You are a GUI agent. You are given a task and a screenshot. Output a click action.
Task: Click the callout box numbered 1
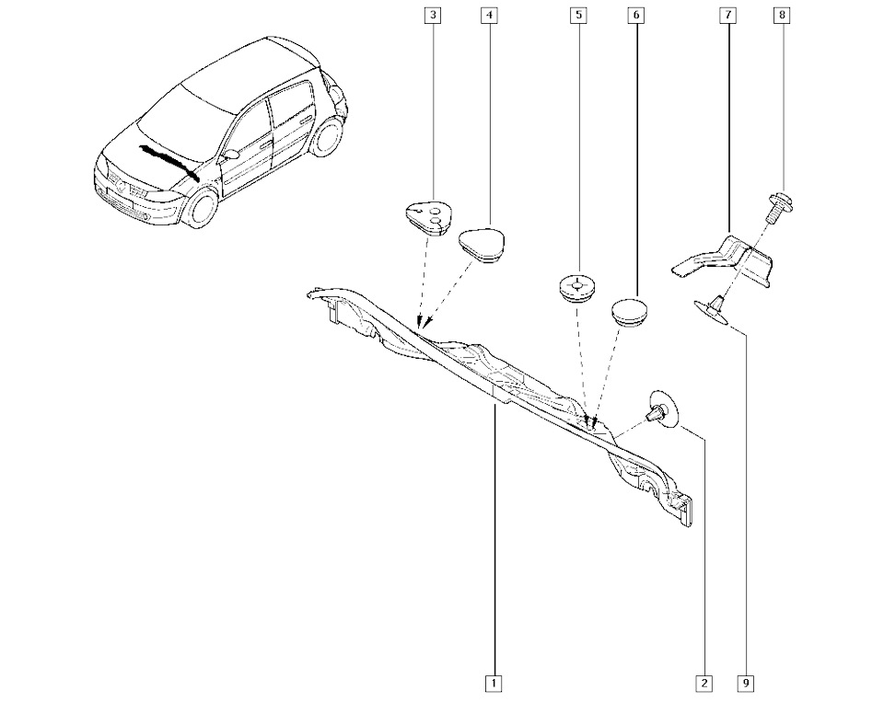coord(494,684)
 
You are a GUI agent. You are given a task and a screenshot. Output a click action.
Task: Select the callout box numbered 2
coord(704,684)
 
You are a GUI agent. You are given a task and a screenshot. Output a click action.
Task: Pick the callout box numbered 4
coord(488,16)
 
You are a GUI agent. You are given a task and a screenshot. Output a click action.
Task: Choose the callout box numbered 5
coord(578,16)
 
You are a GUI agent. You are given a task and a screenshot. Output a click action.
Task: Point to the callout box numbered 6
coord(635,16)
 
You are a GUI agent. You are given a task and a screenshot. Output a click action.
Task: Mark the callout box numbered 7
coord(727,16)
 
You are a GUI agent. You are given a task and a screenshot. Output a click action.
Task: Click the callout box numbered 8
coord(782,16)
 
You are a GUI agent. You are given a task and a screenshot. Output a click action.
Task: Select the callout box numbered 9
coord(745,684)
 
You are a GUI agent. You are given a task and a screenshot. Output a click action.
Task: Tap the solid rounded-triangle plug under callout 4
coord(486,244)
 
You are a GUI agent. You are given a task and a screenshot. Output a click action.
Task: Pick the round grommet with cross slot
coord(577,287)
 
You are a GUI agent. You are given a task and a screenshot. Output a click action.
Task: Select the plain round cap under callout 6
coord(631,309)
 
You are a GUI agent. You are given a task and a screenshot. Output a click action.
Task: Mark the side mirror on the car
coord(231,153)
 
